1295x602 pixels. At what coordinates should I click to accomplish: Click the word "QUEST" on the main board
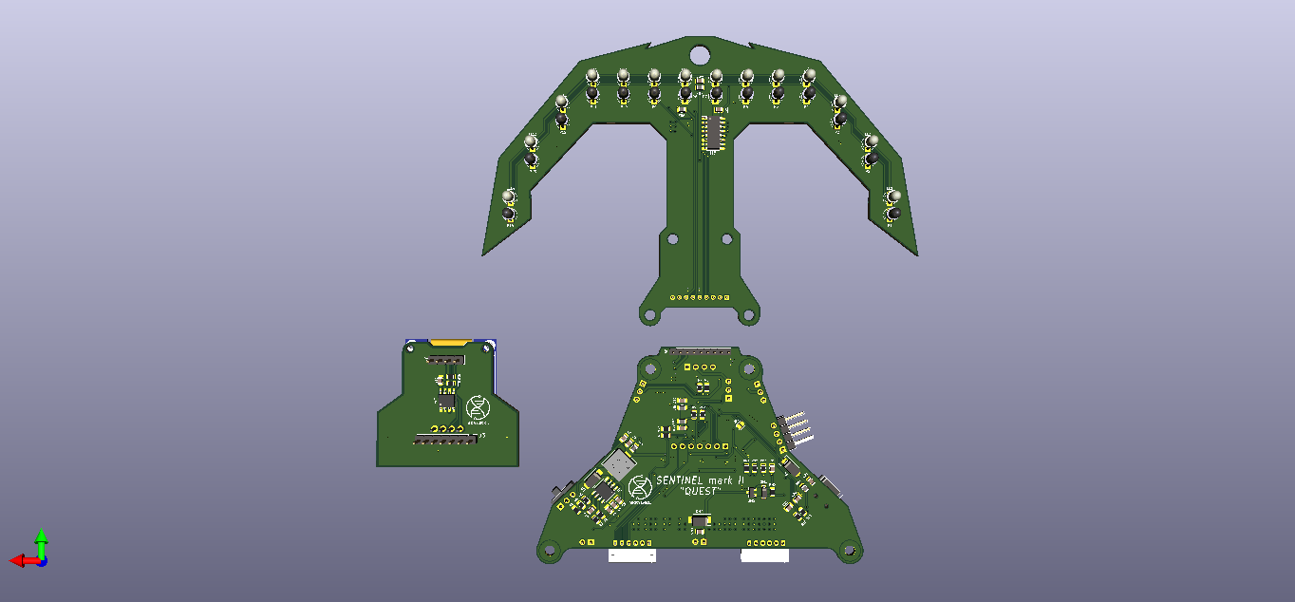[698, 492]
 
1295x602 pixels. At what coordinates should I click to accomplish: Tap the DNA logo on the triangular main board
[640, 486]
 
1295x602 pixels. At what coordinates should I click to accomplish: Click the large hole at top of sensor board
[699, 53]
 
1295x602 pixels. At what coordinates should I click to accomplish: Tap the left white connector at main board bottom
[631, 555]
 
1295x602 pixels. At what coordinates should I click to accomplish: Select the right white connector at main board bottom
[764, 555]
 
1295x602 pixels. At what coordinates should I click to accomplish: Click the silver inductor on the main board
[618, 465]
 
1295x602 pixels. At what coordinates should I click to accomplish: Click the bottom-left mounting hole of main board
[548, 549]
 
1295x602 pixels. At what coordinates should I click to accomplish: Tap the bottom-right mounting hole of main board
[850, 549]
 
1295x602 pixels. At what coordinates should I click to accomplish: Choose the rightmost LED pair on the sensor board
[892, 206]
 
